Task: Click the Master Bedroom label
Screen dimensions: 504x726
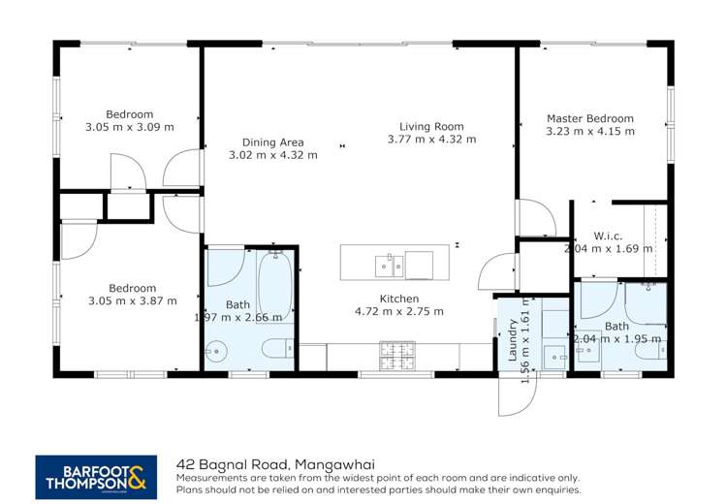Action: (x=589, y=118)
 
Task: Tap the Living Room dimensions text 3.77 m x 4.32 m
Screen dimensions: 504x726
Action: (x=431, y=140)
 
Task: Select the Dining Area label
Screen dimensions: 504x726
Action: (x=272, y=142)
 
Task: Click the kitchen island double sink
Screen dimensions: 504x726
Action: (x=389, y=263)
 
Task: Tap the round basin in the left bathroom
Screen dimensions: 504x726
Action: (x=214, y=351)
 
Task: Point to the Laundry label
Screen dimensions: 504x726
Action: (x=513, y=344)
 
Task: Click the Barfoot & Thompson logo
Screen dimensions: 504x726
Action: (x=95, y=477)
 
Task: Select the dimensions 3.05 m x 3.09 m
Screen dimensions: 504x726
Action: (x=129, y=127)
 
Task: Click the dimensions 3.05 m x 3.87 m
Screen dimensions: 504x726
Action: (x=132, y=300)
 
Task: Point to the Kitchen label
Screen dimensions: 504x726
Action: (x=398, y=299)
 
